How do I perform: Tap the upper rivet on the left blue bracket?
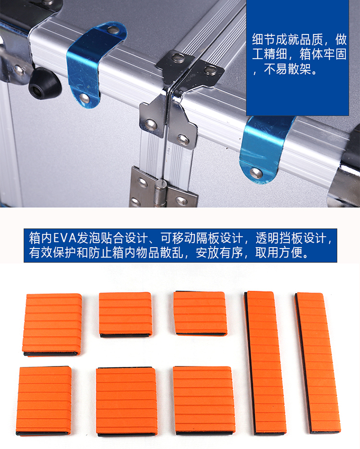(112, 29)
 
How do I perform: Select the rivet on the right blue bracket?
(256, 172)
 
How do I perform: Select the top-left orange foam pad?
(52, 324)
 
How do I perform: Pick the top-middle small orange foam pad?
(125, 314)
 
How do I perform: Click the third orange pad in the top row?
(200, 313)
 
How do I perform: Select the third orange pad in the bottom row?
(204, 400)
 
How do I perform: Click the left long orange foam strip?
(264, 363)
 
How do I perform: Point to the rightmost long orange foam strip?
(318, 363)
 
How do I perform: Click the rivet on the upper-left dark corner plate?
(178, 58)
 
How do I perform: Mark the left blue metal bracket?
(93, 64)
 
